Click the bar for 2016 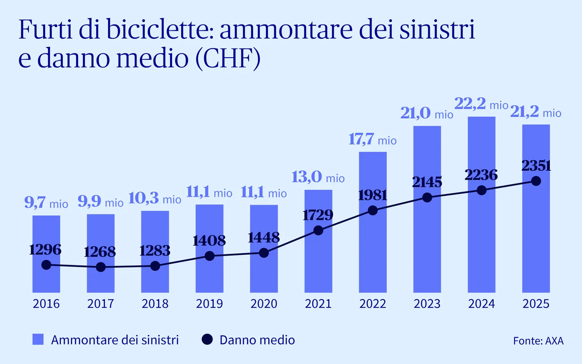[x=46, y=254]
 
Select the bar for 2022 [x=372, y=222]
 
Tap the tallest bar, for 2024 [x=482, y=205]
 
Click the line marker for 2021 [x=318, y=231]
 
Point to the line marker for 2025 [x=536, y=181]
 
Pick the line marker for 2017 [x=100, y=267]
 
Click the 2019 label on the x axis [x=210, y=304]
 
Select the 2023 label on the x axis [x=427, y=304]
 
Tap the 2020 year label [x=264, y=304]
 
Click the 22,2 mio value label [x=481, y=104]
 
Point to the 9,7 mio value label [x=46, y=203]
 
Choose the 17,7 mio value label [x=372, y=140]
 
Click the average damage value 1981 [x=372, y=195]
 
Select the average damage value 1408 [x=209, y=241]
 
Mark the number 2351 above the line [x=536, y=166]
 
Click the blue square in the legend [x=38, y=339]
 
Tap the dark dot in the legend [x=207, y=339]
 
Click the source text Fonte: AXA [x=538, y=340]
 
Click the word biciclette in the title [x=160, y=29]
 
